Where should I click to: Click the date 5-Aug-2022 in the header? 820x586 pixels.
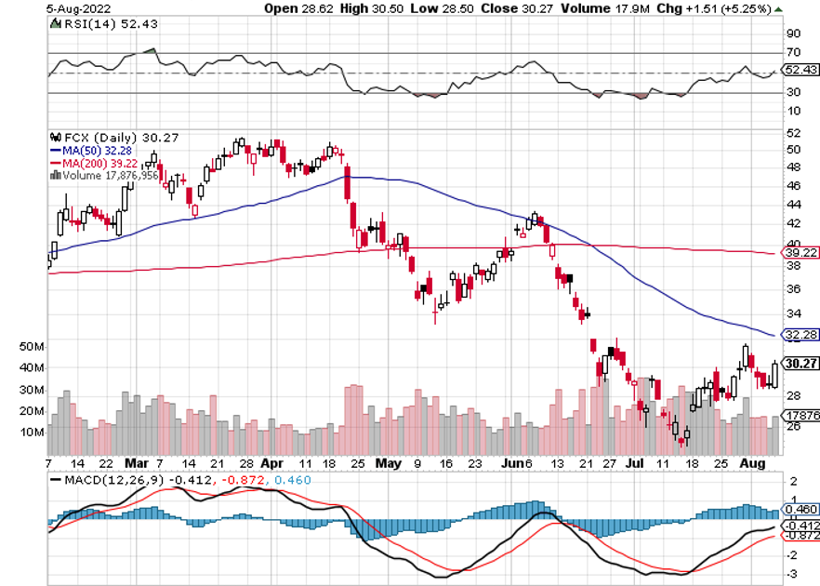[x=28, y=9]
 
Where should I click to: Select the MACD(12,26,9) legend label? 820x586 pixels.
[x=109, y=480]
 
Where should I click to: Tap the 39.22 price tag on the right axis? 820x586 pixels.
[x=800, y=252]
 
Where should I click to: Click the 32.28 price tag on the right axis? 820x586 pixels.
[x=800, y=333]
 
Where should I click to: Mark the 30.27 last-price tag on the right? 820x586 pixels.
[x=800, y=364]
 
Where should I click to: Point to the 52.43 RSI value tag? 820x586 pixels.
[x=800, y=69]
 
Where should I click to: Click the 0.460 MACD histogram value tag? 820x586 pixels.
[x=800, y=510]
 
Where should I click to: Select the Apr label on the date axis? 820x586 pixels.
[x=272, y=461]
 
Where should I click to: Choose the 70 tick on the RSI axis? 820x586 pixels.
[x=793, y=53]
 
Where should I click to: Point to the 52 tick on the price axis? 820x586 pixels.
[x=793, y=148]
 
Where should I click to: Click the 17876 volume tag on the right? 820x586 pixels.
[x=800, y=415]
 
